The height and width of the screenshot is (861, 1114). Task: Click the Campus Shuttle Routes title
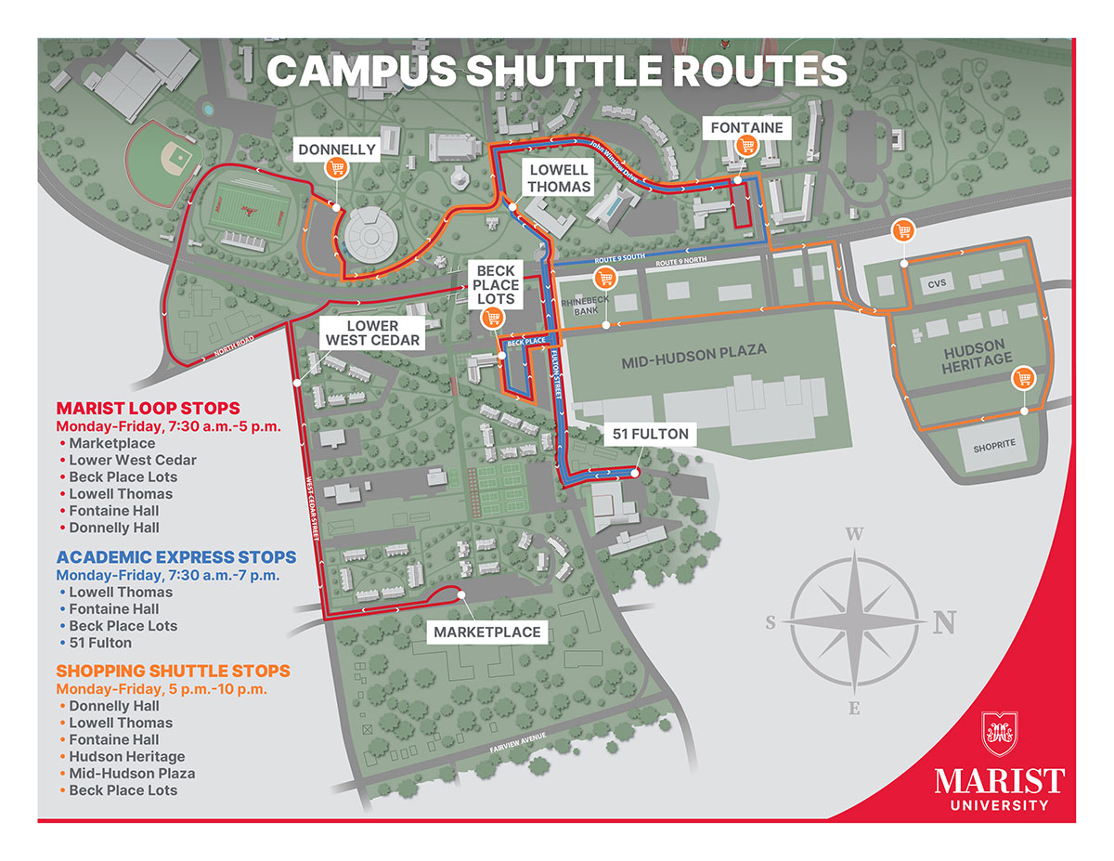pos(557,72)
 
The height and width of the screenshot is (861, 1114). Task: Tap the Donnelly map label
pos(336,149)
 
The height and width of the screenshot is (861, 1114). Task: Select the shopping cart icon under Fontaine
pos(746,146)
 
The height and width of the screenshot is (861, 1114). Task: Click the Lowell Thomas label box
pos(560,178)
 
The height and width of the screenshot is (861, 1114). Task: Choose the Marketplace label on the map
pos(486,633)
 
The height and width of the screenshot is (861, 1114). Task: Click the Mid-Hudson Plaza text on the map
pos(693,351)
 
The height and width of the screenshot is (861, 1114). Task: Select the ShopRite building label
pos(994,445)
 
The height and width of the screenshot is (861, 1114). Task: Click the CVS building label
pos(936,283)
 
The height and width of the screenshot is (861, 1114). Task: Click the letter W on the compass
pos(855,534)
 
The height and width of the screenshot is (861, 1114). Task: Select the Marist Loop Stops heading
pos(148,409)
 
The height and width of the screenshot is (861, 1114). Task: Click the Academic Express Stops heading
pos(176,557)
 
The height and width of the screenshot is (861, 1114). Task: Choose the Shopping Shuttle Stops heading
pos(173,671)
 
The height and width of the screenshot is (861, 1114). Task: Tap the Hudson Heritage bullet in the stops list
pos(126,756)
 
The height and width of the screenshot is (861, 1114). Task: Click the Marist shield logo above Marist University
pos(1000,734)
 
